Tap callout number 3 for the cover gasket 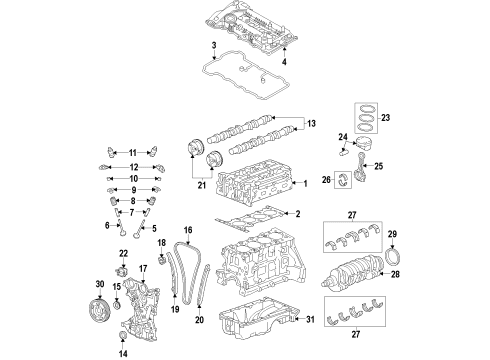coord(214,47)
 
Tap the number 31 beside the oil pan coord(309,319)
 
